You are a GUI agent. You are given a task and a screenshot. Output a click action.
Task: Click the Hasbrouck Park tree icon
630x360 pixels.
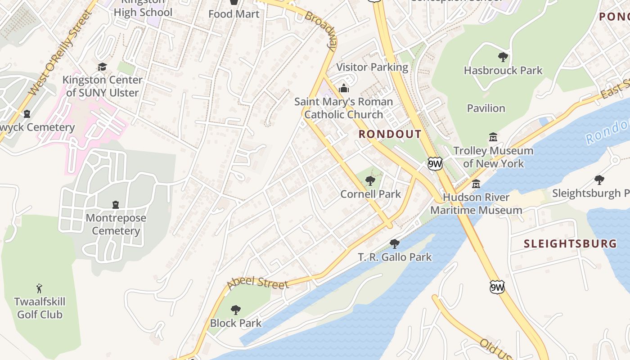pos(503,57)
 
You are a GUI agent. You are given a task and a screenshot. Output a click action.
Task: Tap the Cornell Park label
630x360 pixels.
pos(370,194)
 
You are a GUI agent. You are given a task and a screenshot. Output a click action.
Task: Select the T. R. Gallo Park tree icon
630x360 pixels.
pos(395,244)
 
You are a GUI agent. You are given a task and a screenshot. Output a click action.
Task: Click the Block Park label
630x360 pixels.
pos(235,323)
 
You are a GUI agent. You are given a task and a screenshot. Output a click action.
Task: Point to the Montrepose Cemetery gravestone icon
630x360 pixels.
pos(116,205)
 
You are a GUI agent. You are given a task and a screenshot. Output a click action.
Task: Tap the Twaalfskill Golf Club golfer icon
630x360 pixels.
pos(39,288)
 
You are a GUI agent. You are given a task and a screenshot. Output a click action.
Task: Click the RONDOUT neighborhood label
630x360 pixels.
pos(390,134)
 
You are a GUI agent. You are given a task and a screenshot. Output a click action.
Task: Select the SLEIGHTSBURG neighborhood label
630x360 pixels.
pos(570,244)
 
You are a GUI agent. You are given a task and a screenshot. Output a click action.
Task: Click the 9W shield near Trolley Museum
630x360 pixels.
pos(435,164)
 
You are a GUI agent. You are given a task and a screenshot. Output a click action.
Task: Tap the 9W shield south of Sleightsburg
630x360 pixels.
pos(497,287)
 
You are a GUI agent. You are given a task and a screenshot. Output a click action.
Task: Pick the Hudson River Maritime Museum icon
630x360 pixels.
pos(476,184)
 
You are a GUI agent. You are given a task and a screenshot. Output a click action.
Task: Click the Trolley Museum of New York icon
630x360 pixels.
pos(493,137)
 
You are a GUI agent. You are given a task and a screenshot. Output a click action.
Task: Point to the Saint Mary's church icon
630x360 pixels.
pos(344,88)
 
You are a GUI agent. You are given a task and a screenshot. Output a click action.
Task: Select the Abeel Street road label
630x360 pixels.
pos(257,283)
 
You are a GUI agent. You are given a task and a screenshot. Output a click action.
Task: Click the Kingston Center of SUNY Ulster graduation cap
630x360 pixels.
pos(103,67)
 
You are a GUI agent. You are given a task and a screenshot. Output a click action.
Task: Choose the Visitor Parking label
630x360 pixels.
pos(372,67)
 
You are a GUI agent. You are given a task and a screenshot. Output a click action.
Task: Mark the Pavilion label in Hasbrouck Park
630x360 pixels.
pos(486,108)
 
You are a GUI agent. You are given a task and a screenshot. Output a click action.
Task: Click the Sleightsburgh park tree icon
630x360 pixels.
pos(599,180)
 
